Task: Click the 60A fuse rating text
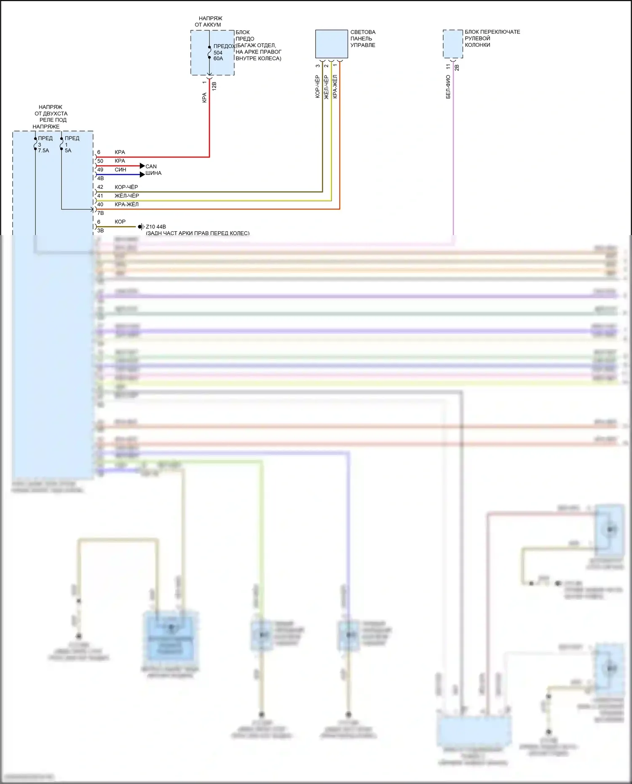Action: (218, 59)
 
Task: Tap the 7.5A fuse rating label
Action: (43, 150)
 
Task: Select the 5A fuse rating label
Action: (68, 150)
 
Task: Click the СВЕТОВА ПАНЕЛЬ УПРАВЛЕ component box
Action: (332, 44)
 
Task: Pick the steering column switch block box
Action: (453, 44)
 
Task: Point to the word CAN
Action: (151, 166)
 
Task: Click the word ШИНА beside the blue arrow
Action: (153, 173)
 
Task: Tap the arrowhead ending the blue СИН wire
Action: (142, 174)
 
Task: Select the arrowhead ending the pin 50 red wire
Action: (142, 166)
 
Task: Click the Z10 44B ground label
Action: (155, 227)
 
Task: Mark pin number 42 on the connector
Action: (100, 187)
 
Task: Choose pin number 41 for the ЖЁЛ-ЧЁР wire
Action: (100, 196)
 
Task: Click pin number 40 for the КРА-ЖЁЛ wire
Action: (100, 204)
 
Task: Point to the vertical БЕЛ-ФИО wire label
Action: (448, 87)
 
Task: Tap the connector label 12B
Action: (214, 86)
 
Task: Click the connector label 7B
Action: (100, 213)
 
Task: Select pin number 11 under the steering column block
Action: (448, 67)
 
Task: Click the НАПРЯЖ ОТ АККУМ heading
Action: (209, 21)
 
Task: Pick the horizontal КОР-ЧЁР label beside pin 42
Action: (126, 187)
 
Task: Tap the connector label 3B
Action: (100, 230)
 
